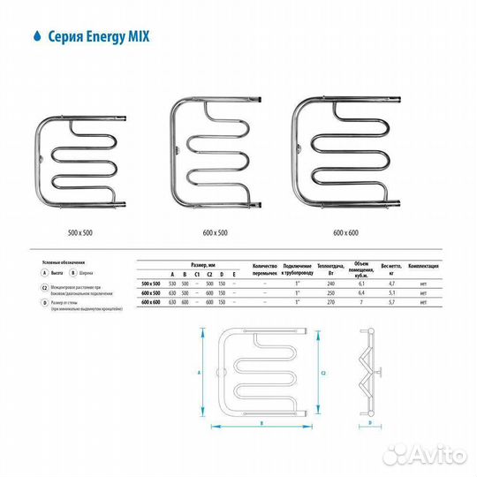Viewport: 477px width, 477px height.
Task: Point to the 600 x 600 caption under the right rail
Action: click(x=346, y=232)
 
